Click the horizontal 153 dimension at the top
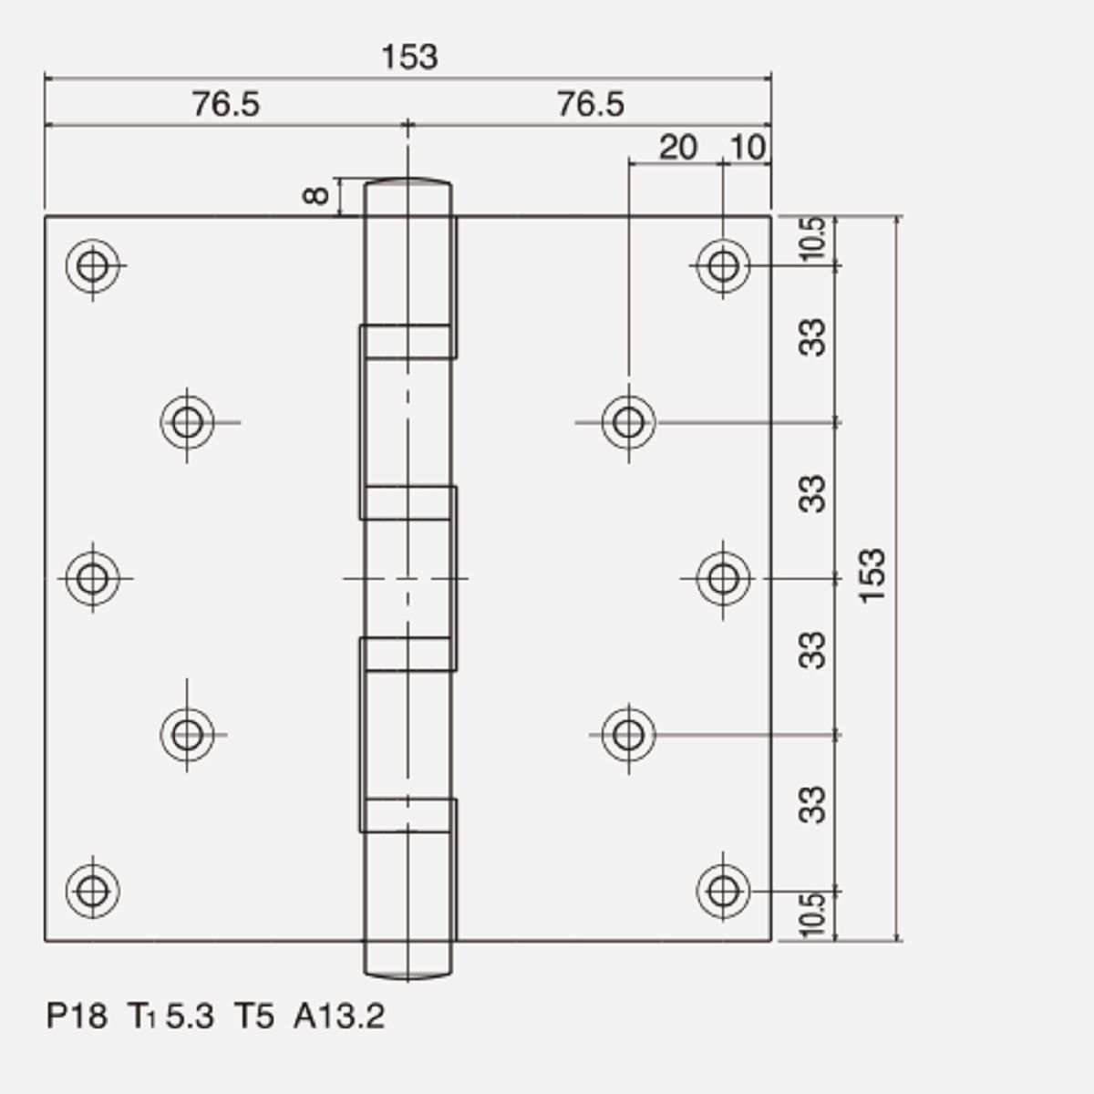pos(409,57)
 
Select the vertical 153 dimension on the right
pos(872,576)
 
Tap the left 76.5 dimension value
pos(226,105)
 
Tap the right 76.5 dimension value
pos(591,105)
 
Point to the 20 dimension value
pos(678,148)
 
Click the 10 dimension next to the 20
pos(748,148)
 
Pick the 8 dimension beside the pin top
pos(315,196)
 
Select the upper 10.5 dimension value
pos(811,239)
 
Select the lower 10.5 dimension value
pos(811,914)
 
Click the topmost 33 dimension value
pos(811,338)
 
